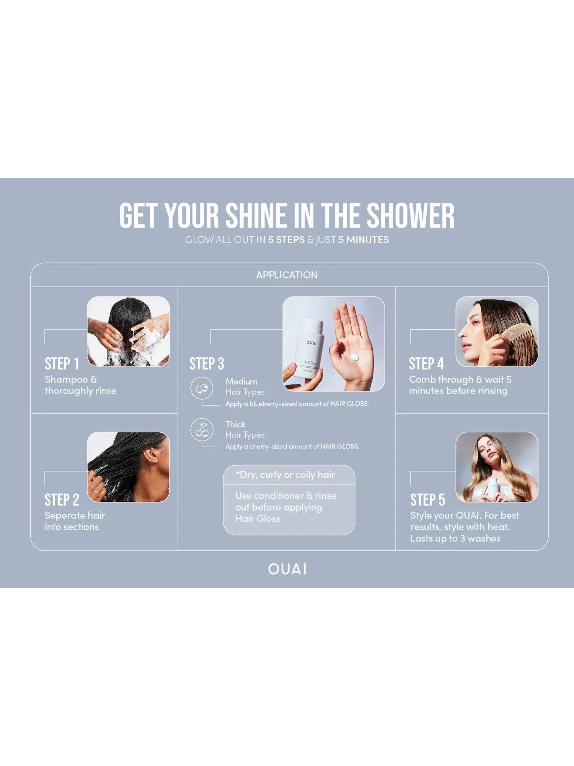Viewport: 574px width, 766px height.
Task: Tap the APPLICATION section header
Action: (287, 275)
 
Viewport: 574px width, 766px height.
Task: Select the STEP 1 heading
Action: (62, 364)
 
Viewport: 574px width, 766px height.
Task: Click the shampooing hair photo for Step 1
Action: (128, 332)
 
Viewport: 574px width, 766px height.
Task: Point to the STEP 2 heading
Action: (62, 500)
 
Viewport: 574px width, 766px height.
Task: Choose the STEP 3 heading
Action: (207, 364)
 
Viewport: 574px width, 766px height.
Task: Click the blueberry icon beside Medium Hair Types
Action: (202, 388)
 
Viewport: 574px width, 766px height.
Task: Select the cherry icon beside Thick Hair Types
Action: (202, 430)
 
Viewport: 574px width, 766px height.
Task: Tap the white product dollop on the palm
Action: (355, 357)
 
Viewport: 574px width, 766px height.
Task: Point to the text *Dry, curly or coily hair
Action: (285, 475)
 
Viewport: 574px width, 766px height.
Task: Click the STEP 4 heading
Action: (426, 364)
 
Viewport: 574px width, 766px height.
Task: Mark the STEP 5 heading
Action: (428, 500)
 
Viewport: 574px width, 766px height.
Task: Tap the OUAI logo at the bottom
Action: (287, 569)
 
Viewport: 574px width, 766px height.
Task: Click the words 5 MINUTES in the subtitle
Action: (364, 240)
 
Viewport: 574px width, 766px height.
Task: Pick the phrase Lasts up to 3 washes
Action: (455, 538)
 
